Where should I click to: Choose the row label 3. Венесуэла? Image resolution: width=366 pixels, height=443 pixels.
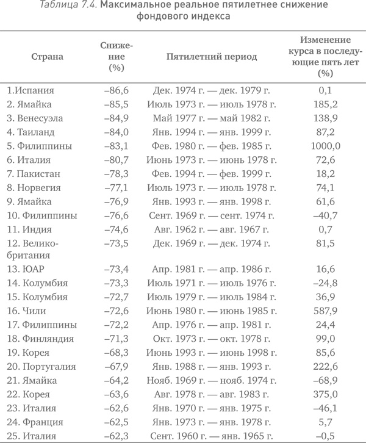[x=37, y=118]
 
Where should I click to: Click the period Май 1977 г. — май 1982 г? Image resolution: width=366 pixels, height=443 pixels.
[x=211, y=118]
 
